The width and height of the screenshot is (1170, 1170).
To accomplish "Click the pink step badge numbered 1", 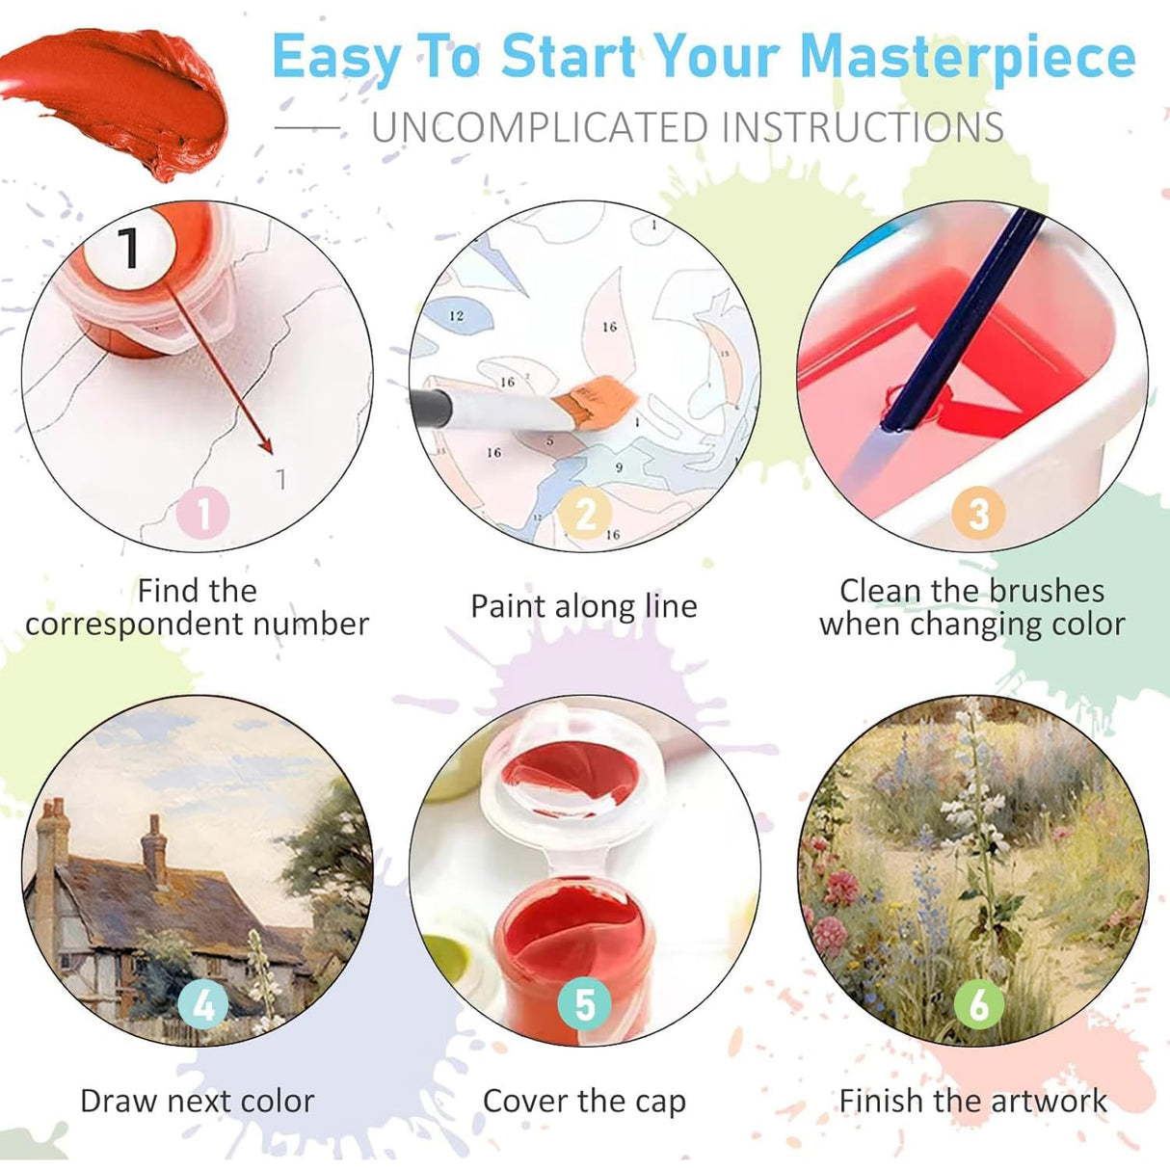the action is coord(202,513).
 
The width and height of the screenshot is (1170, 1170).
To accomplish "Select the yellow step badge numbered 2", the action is coord(585,513).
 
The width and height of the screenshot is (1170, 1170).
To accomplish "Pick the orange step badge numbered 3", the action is coord(978,513).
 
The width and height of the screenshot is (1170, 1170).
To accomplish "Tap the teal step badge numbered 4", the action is coord(202,1005).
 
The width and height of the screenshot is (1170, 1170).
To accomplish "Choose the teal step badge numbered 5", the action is coord(585,1003).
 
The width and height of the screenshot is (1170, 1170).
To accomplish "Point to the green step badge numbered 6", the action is coord(978,1003).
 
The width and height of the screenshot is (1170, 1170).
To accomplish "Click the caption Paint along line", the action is coord(584,606).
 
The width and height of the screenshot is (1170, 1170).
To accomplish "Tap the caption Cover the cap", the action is coord(584,1102).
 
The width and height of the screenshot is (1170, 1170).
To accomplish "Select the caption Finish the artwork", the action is coord(973,1101).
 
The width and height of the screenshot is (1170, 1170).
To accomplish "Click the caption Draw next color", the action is coord(198,1101).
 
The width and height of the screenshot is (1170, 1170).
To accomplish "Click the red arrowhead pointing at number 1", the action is coord(266,445).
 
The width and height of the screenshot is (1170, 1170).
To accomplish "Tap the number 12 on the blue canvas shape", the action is coord(456,315).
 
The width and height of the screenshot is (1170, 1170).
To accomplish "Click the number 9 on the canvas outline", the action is coord(619,466).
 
